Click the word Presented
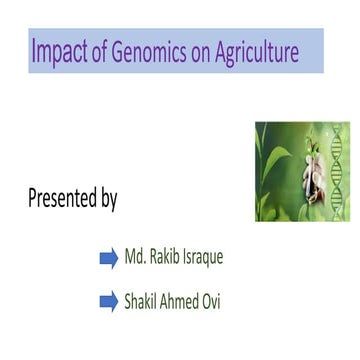point(61,198)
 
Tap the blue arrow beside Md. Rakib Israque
point(109,259)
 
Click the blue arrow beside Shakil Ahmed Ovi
point(109,302)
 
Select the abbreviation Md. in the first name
point(136,258)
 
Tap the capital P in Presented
point(33,197)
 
